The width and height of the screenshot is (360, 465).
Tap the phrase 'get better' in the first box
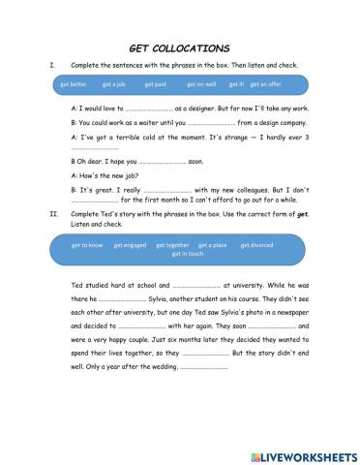[74, 83]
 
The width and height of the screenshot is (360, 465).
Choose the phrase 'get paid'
[156, 83]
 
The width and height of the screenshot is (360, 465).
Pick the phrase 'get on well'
[202, 83]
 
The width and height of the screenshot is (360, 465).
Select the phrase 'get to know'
[87, 245]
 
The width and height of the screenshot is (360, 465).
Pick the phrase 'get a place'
[212, 245]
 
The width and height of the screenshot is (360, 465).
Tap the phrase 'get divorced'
[256, 245]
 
